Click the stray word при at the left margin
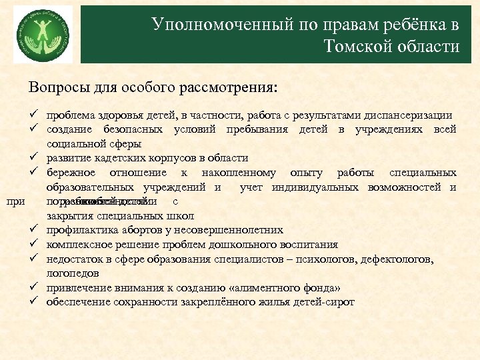pyautogui.click(x=15, y=201)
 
